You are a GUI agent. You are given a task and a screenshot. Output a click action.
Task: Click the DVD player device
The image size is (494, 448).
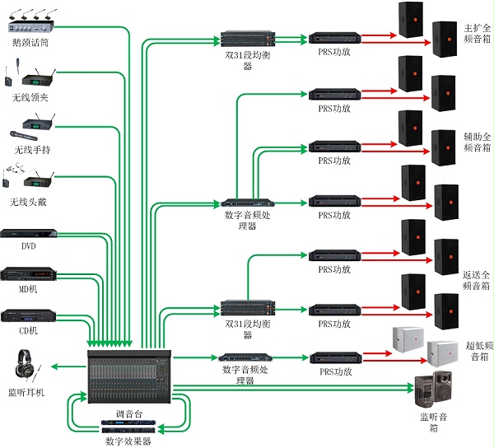click(x=29, y=234)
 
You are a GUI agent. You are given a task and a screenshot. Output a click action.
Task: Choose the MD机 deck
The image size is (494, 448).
click(x=29, y=275)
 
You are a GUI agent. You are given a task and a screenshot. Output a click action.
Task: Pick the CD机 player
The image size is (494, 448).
click(x=29, y=316)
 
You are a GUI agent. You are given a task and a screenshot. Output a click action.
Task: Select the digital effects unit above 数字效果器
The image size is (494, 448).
click(x=129, y=427)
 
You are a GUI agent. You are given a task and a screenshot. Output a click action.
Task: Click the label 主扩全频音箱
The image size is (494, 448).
click(x=477, y=32)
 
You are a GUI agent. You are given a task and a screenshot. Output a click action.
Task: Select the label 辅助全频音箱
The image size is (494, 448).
click(x=477, y=141)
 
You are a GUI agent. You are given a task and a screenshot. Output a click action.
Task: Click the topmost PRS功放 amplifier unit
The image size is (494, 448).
click(x=334, y=38)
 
